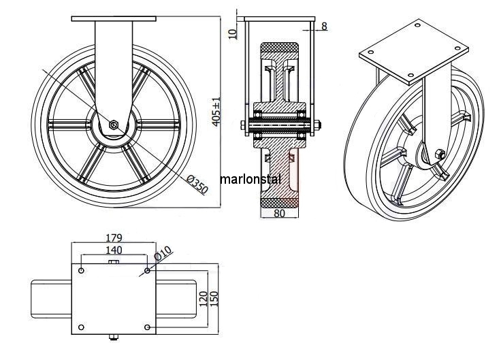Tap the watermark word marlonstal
pyautogui.click(x=251, y=180)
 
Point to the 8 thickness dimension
pyautogui.click(x=324, y=27)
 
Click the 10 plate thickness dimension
pyautogui.click(x=232, y=32)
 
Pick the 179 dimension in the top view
pyautogui.click(x=114, y=238)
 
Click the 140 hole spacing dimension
pyautogui.click(x=114, y=250)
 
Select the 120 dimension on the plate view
pyautogui.click(x=202, y=298)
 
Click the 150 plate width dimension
pyautogui.click(x=215, y=298)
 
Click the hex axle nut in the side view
pyautogui.click(x=114, y=125)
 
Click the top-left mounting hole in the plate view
pyautogui.click(x=82, y=271)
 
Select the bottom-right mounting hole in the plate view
pyautogui.click(x=147, y=327)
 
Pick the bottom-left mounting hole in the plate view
pyautogui.click(x=82, y=327)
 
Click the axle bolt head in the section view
pyautogui.click(x=244, y=125)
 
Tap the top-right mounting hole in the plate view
pyautogui.click(x=147, y=271)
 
